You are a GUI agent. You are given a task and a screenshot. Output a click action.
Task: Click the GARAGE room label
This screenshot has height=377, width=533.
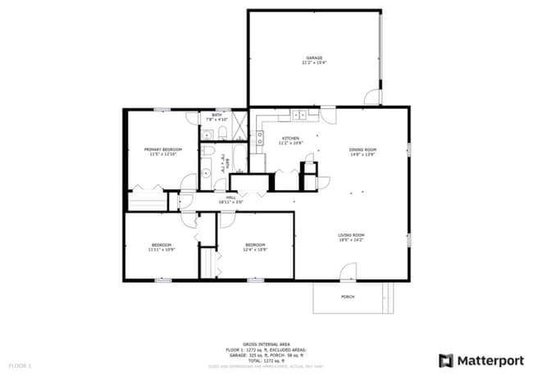[x=314, y=57]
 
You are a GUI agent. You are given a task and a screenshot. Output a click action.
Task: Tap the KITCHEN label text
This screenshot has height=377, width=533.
[x=291, y=138]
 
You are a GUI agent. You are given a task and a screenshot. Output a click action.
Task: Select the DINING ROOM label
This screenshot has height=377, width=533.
[x=362, y=149]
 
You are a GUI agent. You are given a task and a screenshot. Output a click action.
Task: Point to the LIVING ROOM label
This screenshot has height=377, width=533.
[x=351, y=235]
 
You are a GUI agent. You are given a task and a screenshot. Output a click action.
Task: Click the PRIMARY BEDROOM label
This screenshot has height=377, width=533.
[x=162, y=149]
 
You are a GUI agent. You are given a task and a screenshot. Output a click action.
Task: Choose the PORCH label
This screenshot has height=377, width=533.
[x=348, y=297]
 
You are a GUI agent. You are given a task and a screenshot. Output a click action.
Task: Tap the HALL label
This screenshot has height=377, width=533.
[x=232, y=197]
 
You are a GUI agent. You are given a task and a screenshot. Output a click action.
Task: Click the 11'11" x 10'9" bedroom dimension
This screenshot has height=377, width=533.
[x=161, y=249]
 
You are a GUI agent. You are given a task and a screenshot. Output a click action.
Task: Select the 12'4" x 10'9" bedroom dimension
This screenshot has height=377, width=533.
[x=255, y=249]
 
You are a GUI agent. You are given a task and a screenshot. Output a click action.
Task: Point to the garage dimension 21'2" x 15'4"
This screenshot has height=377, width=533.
[x=314, y=62]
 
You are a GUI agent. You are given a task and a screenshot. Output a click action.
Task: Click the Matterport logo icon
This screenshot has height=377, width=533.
[x=445, y=360]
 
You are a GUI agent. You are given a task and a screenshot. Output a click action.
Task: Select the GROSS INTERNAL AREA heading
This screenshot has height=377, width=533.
[x=266, y=345]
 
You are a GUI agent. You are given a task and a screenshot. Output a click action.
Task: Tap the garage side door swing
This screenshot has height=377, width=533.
[x=373, y=97]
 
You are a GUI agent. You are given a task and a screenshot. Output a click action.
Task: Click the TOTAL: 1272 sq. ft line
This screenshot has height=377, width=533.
[x=266, y=360]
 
